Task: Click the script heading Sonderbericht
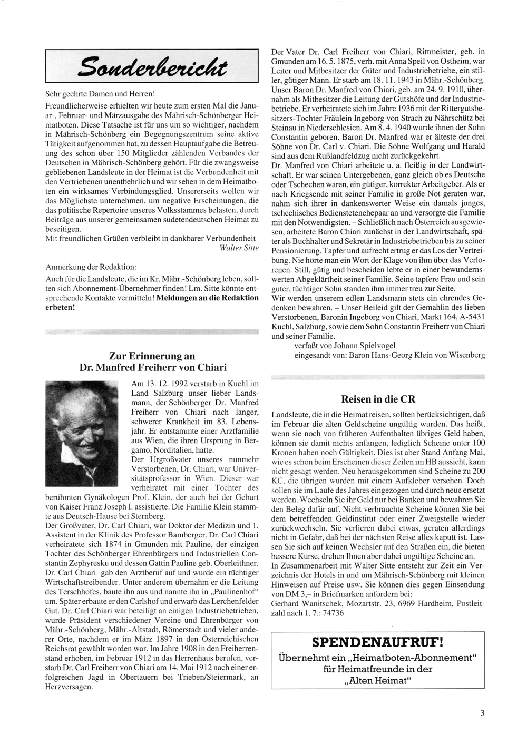click(152, 66)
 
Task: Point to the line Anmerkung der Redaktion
click(91, 267)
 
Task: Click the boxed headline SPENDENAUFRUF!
click(377, 643)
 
